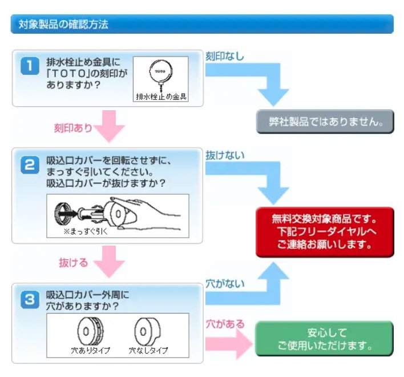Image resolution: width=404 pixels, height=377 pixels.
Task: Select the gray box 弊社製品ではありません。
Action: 325,122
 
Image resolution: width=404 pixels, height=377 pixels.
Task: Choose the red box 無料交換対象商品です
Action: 325,232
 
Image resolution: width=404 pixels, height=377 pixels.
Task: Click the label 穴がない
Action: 224,283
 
